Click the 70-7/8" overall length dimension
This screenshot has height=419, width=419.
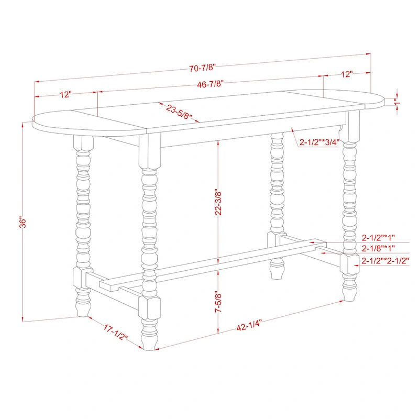[202, 68]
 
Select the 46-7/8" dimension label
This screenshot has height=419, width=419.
[210, 84]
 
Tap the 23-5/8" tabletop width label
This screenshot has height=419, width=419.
[179, 112]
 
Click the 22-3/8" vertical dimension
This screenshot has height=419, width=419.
[218, 203]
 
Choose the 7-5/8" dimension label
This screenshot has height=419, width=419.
[218, 302]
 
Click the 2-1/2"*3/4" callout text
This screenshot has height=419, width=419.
[319, 142]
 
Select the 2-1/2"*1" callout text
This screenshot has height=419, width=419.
[378, 237]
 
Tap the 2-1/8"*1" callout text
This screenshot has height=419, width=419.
[378, 248]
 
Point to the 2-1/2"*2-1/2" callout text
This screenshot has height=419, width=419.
[385, 260]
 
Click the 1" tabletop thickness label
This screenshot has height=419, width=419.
[398, 102]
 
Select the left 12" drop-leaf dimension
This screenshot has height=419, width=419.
[66, 94]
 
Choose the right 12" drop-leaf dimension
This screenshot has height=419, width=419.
[347, 74]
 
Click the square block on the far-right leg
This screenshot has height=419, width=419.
[349, 263]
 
